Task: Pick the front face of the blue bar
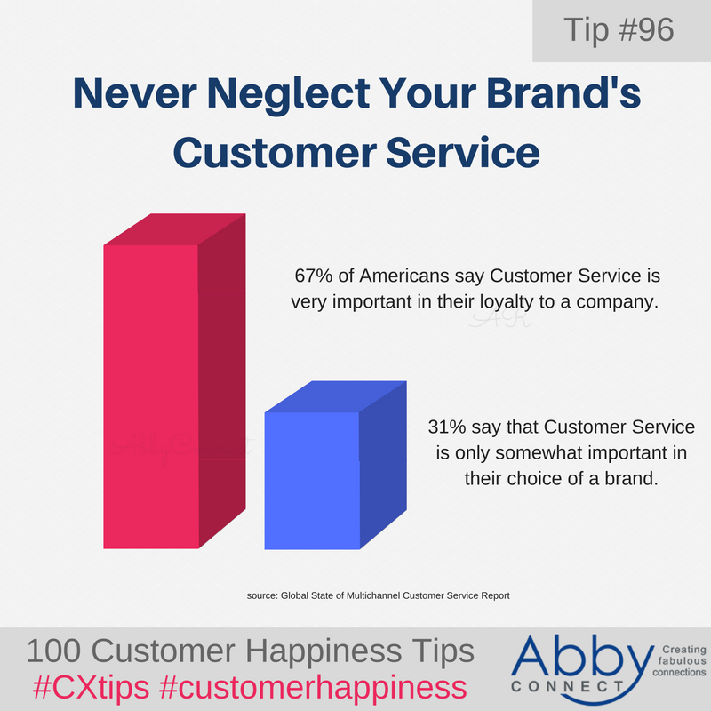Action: (312, 480)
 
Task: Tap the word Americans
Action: (385, 276)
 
